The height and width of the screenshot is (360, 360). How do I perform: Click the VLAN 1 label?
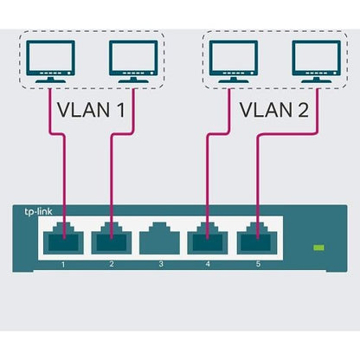pyautogui.click(x=89, y=112)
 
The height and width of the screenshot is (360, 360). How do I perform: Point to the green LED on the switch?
pyautogui.click(x=318, y=248)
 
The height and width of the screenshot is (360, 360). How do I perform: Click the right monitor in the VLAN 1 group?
pyautogui.click(x=132, y=61)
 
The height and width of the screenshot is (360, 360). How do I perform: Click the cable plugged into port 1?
pyautogui.click(x=64, y=173)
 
